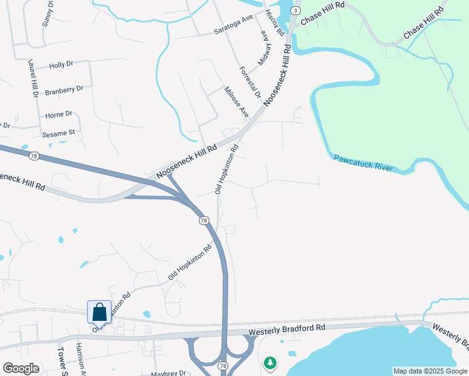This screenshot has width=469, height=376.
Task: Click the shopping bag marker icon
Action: click(99, 311)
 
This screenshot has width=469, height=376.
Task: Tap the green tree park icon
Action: click(270, 362)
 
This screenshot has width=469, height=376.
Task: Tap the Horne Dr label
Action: click(59, 115)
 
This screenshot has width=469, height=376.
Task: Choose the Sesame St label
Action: click(58, 132)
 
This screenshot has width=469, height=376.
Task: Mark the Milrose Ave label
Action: click(237, 102)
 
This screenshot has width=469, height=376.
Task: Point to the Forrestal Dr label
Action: click(249, 82)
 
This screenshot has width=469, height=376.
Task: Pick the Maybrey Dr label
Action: click(169, 373)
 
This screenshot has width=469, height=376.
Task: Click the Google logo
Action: click(21, 368)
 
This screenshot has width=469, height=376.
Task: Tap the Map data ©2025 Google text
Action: click(429, 371)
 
